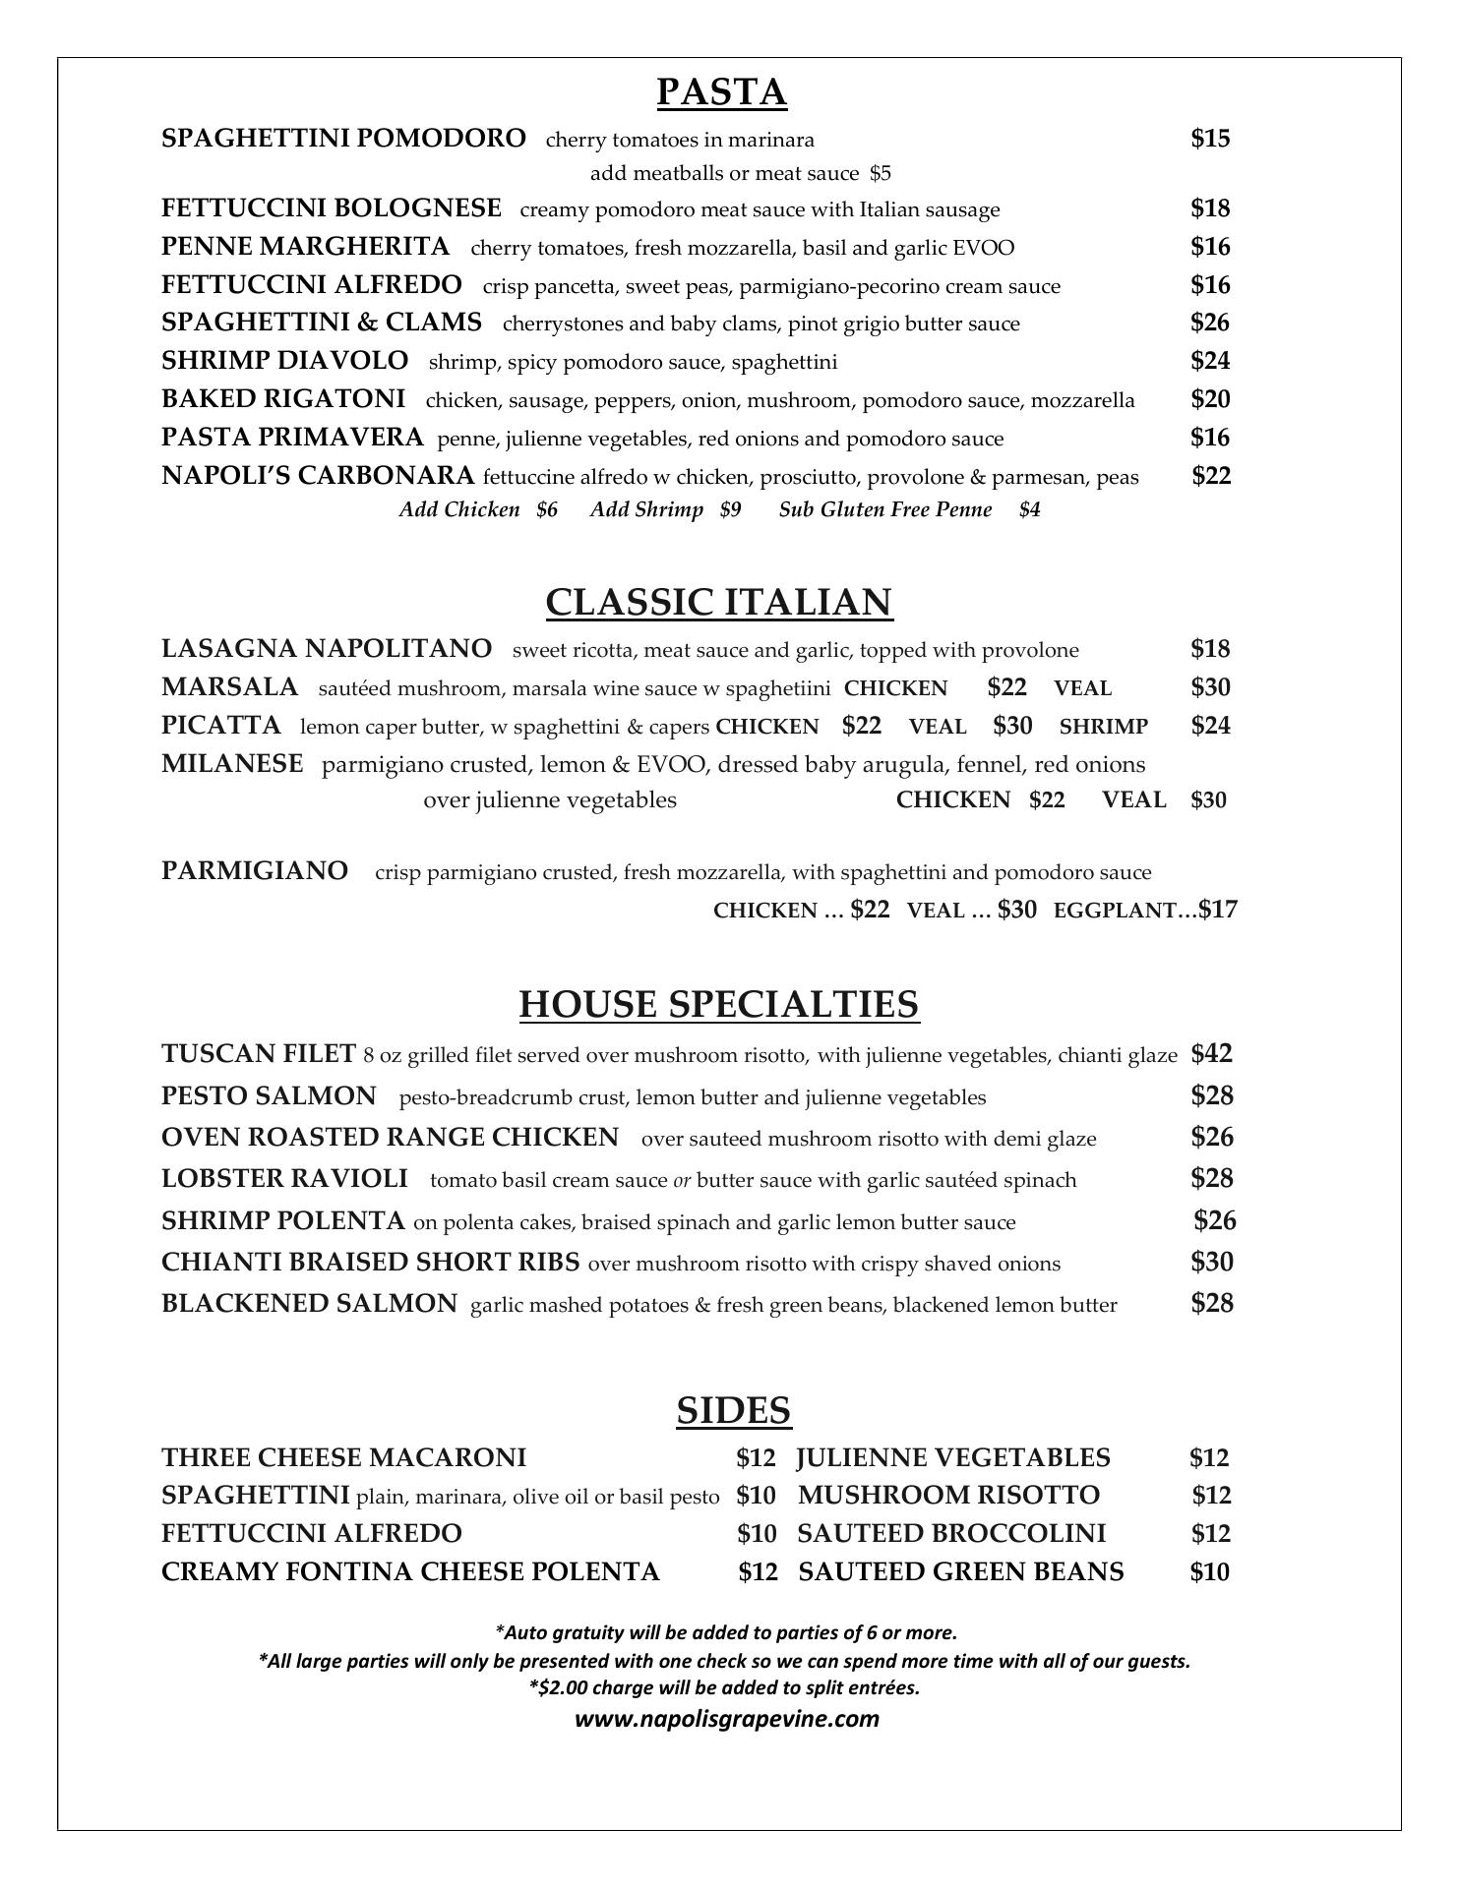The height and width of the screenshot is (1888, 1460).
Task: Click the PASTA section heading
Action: tap(721, 92)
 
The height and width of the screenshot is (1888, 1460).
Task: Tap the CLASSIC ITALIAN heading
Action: tap(719, 602)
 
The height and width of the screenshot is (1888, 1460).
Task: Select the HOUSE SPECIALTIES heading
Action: tap(718, 1004)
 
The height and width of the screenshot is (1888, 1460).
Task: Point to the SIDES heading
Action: tap(733, 1410)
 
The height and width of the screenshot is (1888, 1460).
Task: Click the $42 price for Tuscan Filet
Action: tap(1211, 1054)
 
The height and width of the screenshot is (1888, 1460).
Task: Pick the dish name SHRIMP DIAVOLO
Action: tap(284, 361)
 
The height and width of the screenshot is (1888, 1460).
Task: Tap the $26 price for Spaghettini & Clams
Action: tap(1210, 323)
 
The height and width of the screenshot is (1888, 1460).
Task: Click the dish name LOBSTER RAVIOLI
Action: tap(284, 1178)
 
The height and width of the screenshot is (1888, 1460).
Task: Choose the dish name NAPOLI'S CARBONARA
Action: tap(318, 476)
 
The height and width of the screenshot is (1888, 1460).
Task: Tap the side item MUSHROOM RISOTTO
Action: tap(948, 1496)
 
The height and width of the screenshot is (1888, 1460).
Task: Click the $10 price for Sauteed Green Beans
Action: tap(1209, 1571)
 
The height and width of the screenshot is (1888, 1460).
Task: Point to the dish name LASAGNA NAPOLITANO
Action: tap(327, 649)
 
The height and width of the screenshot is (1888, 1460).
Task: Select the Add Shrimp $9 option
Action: tap(665, 509)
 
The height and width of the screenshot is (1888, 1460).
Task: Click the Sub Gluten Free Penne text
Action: tap(885, 509)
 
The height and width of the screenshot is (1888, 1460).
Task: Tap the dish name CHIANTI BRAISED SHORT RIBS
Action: tap(370, 1262)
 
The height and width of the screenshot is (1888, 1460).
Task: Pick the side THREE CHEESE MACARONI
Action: tap(343, 1457)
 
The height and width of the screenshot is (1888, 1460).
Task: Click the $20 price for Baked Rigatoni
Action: tap(1210, 399)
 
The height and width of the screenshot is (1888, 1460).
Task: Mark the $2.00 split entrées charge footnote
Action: tap(724, 1687)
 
